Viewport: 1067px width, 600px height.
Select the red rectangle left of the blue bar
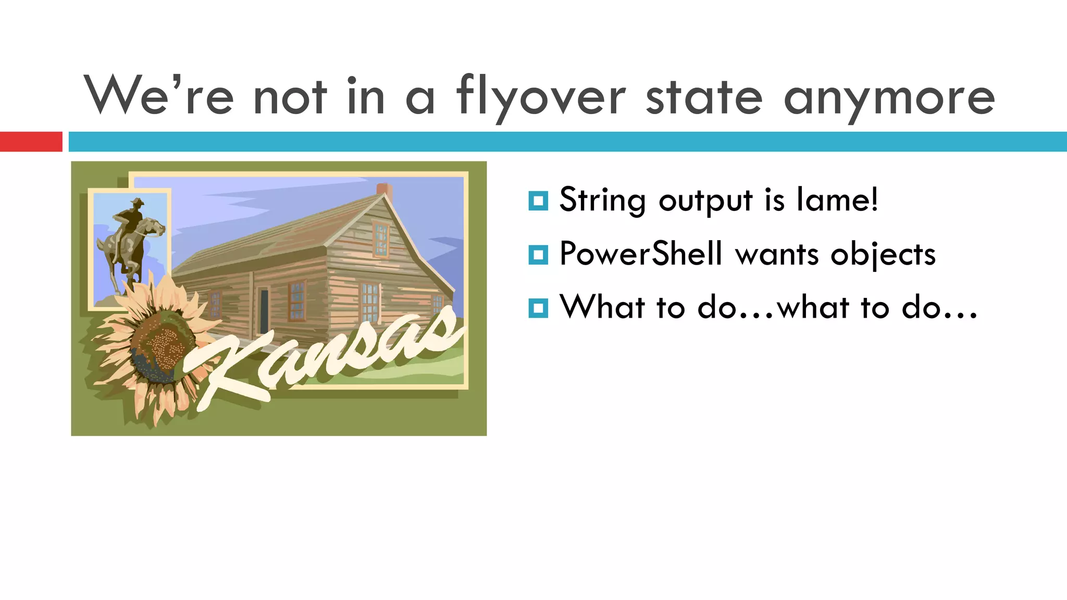(31, 142)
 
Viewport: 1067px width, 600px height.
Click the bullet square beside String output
(538, 201)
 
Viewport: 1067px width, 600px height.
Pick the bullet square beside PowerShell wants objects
(538, 255)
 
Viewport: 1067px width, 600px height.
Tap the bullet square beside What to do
(538, 308)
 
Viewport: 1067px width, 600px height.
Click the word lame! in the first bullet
(837, 199)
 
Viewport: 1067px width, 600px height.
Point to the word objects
(883, 255)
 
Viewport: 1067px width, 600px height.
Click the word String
(602, 201)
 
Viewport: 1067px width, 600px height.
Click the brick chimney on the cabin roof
(384, 190)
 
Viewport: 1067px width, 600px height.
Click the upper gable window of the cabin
(381, 239)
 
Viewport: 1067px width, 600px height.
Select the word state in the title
(704, 97)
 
